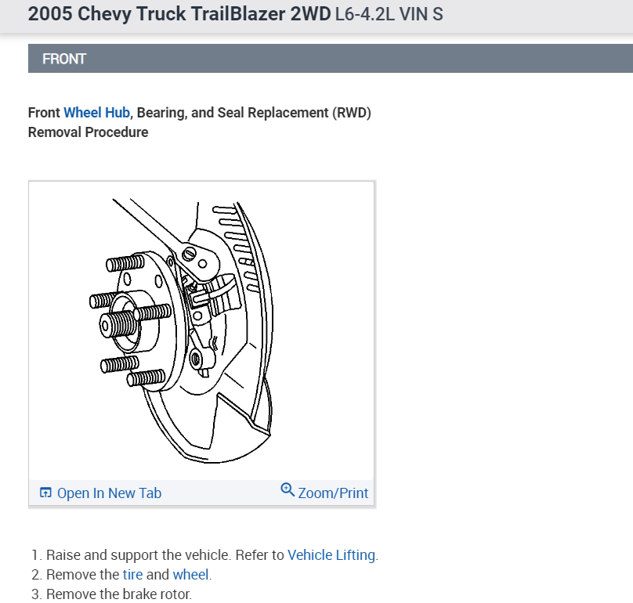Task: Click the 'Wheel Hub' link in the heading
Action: click(x=96, y=113)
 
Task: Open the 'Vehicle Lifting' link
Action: click(x=332, y=555)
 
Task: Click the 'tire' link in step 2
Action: click(x=132, y=575)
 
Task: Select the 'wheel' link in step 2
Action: click(x=190, y=575)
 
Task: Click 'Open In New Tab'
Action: click(x=109, y=493)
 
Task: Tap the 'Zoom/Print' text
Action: click(x=333, y=493)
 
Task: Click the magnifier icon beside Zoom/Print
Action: click(x=288, y=490)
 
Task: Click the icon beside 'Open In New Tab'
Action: click(x=45, y=493)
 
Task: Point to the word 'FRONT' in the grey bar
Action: click(x=64, y=59)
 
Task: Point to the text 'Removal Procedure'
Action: click(x=88, y=132)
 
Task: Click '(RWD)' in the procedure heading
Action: click(x=351, y=113)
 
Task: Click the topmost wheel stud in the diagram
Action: click(x=122, y=265)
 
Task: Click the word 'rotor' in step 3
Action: click(x=173, y=594)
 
